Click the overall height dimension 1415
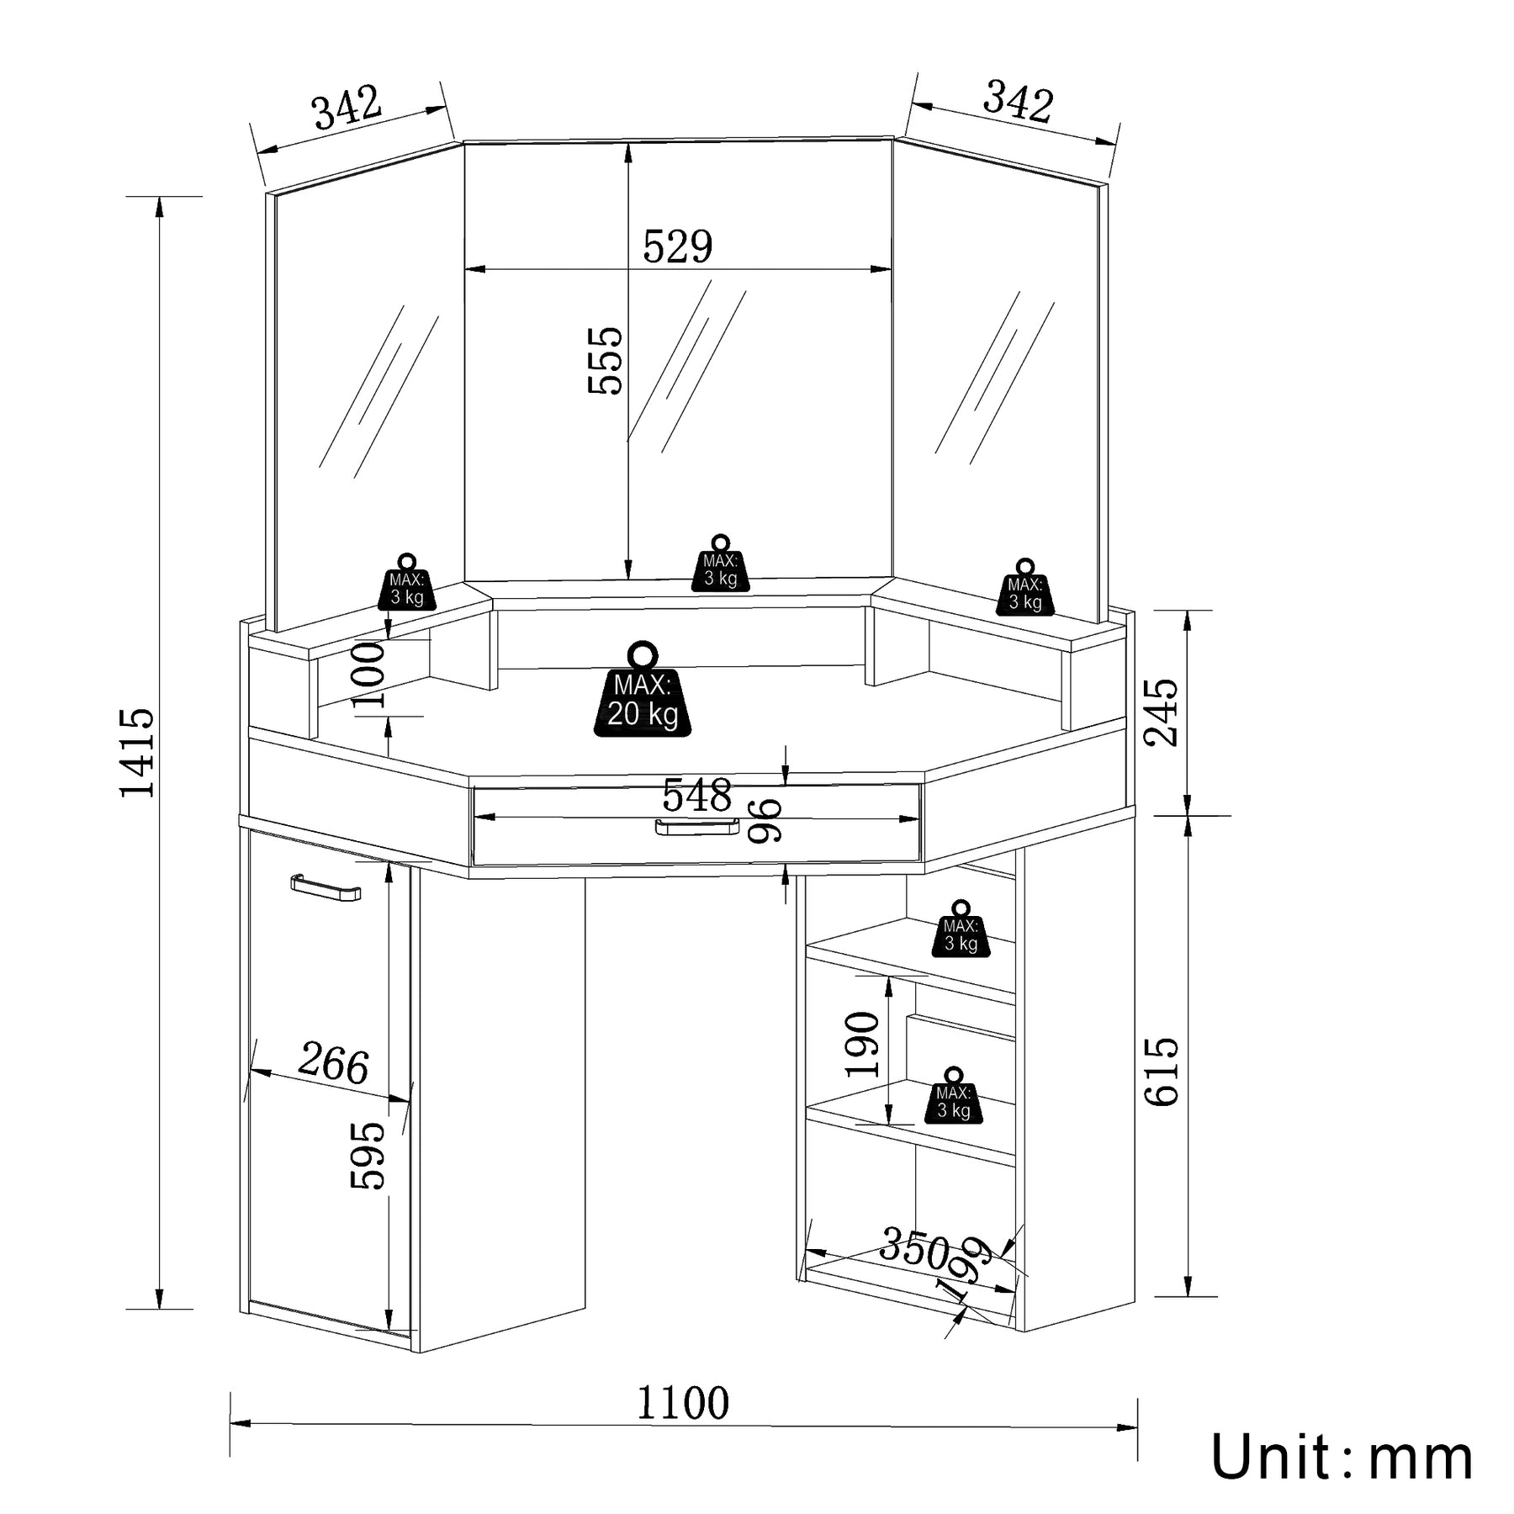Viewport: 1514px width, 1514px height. click(138, 751)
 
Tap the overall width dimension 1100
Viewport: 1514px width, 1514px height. click(682, 1402)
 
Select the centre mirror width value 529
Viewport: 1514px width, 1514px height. click(677, 246)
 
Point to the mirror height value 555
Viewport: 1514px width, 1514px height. click(606, 361)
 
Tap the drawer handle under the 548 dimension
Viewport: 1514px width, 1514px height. click(696, 828)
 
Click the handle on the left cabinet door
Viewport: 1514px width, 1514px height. click(326, 887)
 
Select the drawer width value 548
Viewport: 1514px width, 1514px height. click(696, 795)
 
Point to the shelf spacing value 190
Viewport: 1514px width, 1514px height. click(863, 1044)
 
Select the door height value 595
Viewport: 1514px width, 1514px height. click(368, 1155)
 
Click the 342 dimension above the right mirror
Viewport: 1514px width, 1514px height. click(1018, 103)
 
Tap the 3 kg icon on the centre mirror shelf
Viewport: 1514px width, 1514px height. click(720, 565)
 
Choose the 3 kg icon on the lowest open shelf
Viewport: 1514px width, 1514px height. click(953, 1097)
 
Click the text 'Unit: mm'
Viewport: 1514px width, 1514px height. click(1342, 1457)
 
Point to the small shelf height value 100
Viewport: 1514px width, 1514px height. click(368, 674)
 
